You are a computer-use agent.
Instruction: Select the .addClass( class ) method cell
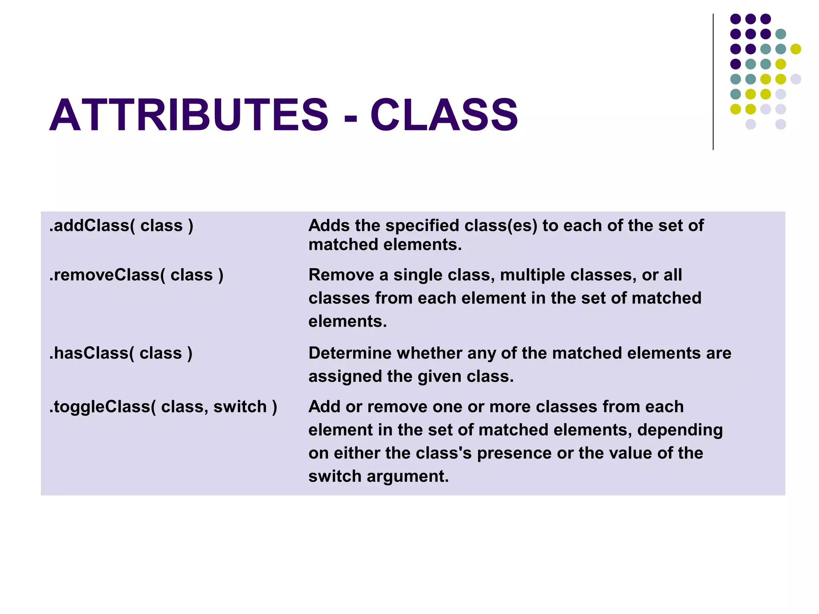[x=121, y=226]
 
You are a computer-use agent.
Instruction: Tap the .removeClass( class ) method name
[x=136, y=275]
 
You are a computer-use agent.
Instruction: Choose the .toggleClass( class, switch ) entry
[x=163, y=407]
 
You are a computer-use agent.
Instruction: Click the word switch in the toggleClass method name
[x=240, y=407]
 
